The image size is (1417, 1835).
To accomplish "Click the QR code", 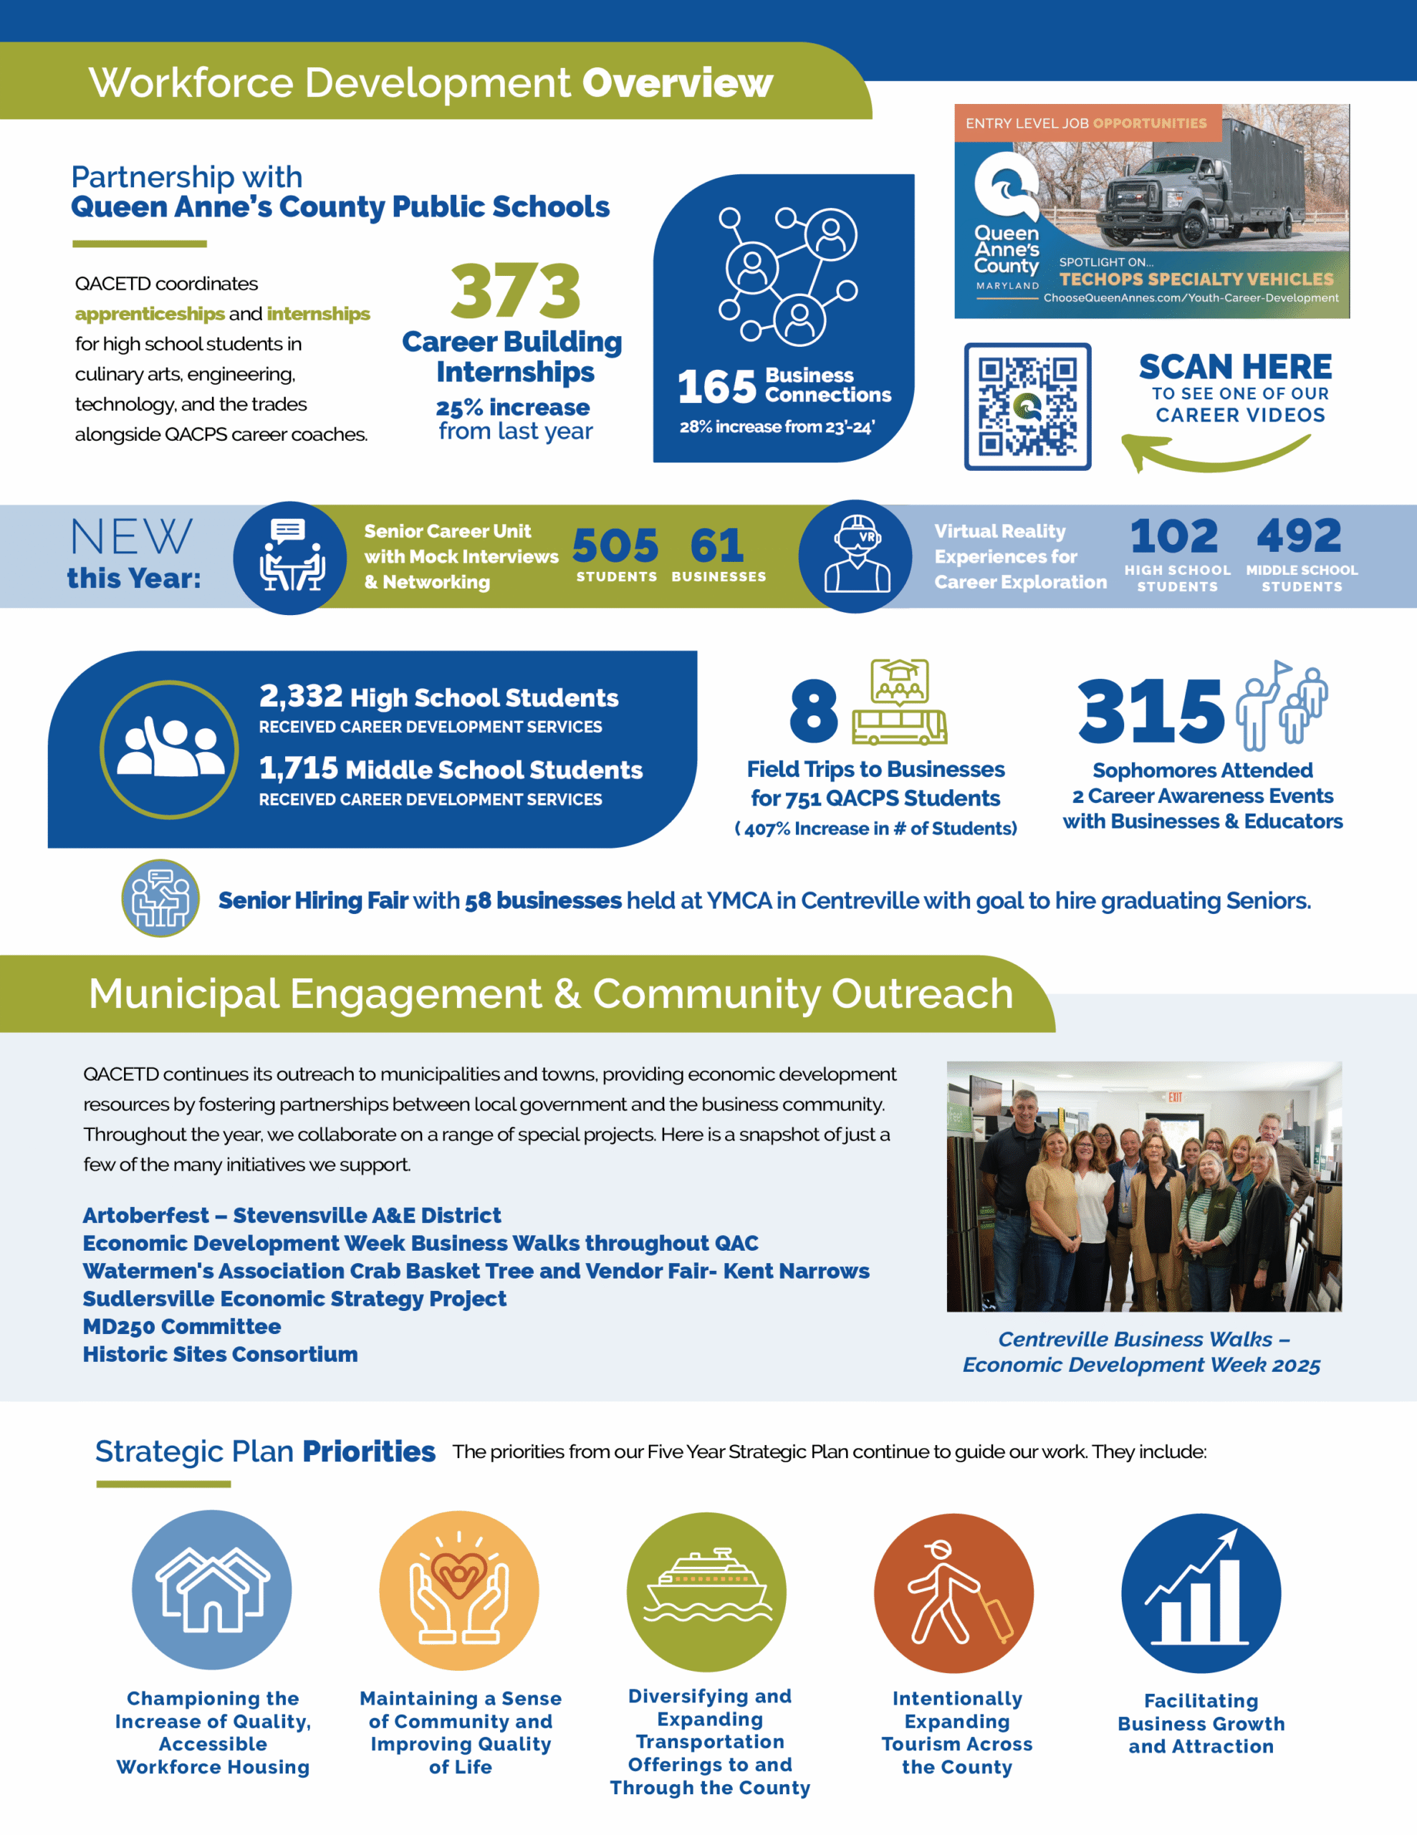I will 1027,406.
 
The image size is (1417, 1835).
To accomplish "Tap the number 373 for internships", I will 515,291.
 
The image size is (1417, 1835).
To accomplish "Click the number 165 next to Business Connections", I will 716,386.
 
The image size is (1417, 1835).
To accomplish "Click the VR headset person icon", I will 856,556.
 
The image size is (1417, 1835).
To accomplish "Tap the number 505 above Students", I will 615,546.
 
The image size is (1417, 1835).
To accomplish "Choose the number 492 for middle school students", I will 1299,536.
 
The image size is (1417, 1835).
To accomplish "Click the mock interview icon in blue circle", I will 291,557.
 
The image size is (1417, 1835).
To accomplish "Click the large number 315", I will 1151,712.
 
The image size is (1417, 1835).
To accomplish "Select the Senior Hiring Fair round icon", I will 160,898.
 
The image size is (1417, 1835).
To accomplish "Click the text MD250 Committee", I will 181,1326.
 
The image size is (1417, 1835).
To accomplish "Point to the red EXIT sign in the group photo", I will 1175,1097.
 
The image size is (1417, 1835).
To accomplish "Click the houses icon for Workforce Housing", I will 211,1590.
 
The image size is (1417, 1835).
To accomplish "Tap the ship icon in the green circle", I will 706,1591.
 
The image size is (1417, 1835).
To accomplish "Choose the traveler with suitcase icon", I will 954,1592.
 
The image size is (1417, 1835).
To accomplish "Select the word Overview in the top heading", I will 677,82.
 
